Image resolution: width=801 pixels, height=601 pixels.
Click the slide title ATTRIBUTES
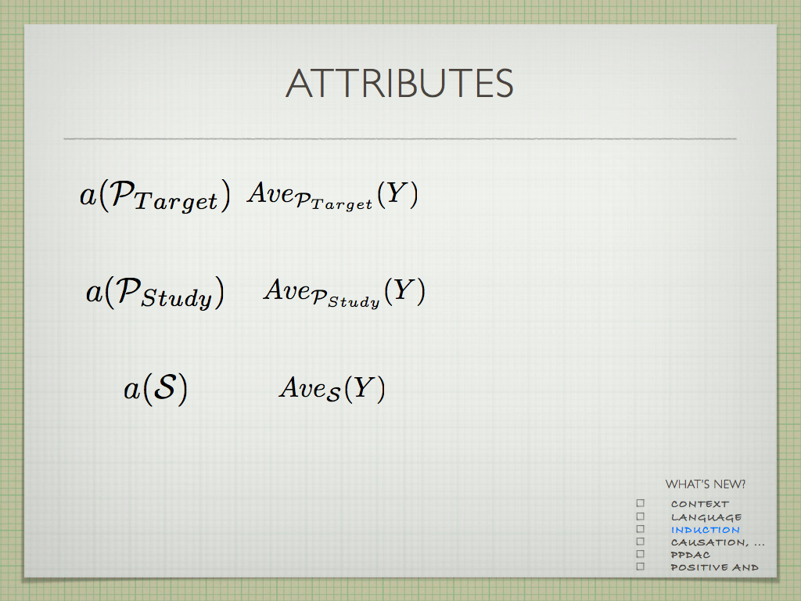(x=400, y=83)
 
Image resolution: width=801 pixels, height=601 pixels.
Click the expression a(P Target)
(x=155, y=196)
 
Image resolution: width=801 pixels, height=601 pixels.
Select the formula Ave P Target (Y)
(x=332, y=196)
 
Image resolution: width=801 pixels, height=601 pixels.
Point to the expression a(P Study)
(x=155, y=293)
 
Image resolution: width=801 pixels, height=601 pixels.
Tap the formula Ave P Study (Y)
(x=344, y=293)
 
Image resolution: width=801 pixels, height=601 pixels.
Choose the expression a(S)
(x=156, y=389)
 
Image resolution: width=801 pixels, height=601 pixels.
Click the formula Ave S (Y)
(x=332, y=389)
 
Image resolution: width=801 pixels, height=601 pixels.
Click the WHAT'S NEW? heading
(x=705, y=484)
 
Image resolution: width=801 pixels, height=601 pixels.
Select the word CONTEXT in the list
(x=700, y=504)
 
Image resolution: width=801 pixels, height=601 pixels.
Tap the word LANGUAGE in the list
(x=706, y=517)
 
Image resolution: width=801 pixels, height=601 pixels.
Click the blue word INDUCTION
(x=705, y=530)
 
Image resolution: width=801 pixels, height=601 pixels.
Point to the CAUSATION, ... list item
(x=718, y=542)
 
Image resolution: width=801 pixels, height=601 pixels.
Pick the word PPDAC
(x=690, y=555)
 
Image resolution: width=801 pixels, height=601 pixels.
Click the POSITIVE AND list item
(x=714, y=567)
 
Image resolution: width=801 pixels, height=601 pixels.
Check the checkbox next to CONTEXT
(x=641, y=503)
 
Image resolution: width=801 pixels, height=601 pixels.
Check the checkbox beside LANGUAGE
(x=641, y=516)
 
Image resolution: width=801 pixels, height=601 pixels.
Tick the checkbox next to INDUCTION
(x=641, y=528)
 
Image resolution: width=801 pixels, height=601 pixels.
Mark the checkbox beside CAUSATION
(x=641, y=542)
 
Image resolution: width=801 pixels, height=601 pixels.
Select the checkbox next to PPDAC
(x=641, y=554)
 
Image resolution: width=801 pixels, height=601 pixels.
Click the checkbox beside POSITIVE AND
(x=641, y=567)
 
